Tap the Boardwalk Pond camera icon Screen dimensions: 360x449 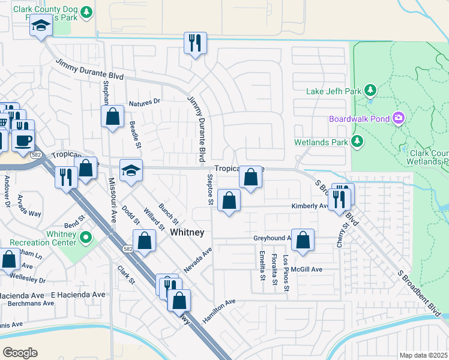(398, 118)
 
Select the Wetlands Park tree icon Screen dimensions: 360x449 (358, 142)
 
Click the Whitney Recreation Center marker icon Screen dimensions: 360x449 (85, 238)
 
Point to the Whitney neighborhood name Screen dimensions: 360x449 (187, 232)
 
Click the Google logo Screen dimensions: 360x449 (20, 352)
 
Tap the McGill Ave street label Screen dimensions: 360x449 (307, 269)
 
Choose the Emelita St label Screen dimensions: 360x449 (262, 266)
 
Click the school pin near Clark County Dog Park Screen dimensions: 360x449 (41, 27)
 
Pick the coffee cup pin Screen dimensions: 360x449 (23, 140)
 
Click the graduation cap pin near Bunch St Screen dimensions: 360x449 (131, 170)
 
